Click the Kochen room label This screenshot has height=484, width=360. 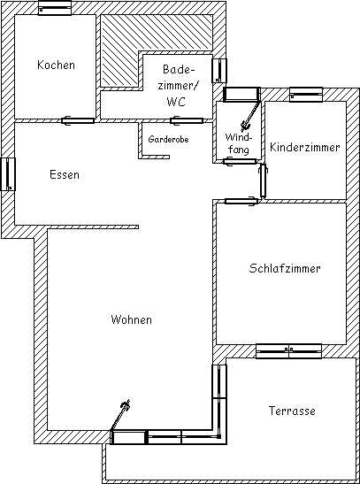(x=56, y=65)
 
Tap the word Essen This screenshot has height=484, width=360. (x=65, y=174)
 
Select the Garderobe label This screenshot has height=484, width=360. (x=168, y=139)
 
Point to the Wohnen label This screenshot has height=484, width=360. (x=132, y=319)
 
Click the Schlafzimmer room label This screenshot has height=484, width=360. (x=285, y=268)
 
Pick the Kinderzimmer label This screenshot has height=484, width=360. (x=305, y=147)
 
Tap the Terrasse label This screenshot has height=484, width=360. (x=292, y=411)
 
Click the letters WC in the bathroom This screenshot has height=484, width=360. (x=176, y=101)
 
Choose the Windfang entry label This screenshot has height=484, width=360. (x=239, y=143)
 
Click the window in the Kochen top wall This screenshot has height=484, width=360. (x=55, y=8)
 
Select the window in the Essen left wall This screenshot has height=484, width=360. (x=8, y=174)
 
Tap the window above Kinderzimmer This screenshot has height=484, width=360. (x=306, y=95)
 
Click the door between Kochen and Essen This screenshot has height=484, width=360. (x=78, y=120)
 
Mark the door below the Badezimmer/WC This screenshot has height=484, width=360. (x=187, y=120)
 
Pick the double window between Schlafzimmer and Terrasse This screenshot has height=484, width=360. (x=288, y=351)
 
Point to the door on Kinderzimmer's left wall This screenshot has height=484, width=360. (x=263, y=181)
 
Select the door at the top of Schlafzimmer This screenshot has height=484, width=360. (x=241, y=201)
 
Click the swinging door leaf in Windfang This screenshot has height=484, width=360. (x=251, y=114)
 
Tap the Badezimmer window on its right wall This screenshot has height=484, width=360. (x=219, y=71)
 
